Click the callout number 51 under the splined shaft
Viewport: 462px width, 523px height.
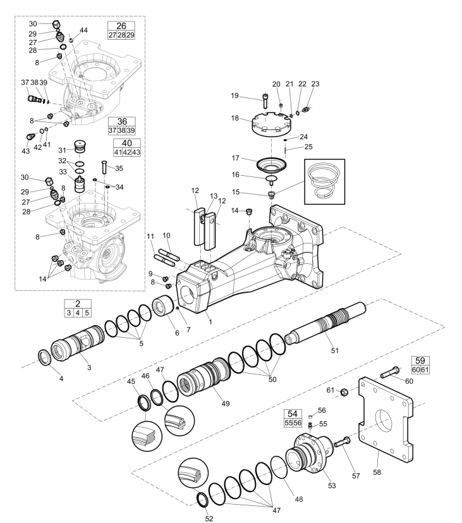(335, 350)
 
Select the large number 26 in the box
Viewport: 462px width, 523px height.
(121, 26)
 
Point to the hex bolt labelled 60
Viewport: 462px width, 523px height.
(390, 372)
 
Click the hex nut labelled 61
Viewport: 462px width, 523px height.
(344, 392)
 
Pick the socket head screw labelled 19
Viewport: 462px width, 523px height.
(265, 100)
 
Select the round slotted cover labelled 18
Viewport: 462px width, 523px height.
(271, 124)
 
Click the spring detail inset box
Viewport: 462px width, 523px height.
(325, 182)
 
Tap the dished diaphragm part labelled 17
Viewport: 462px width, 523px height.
(272, 164)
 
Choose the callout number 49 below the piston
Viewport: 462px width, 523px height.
(226, 403)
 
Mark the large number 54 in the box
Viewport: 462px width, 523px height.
(293, 414)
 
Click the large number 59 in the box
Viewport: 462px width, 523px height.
(420, 360)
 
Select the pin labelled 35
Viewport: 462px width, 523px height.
(104, 167)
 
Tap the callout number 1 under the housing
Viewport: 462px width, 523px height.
(210, 322)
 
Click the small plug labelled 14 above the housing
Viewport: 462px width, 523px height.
(248, 211)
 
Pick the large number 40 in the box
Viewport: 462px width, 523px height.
(126, 144)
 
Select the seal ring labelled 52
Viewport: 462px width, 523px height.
(203, 500)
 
